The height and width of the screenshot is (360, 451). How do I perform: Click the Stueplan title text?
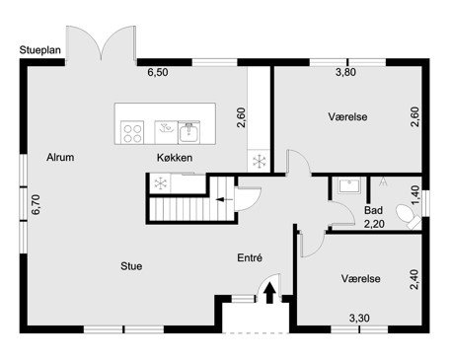pos(40,50)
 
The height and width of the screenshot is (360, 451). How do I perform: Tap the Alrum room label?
pos(60,157)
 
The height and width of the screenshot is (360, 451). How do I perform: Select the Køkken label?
pos(175,158)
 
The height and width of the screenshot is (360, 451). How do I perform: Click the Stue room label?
pos(131,266)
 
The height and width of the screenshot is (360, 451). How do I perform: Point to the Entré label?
pos(250,257)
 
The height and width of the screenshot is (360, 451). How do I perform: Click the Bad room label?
pos(373,210)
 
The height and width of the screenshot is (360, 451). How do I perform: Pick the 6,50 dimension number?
pos(158,72)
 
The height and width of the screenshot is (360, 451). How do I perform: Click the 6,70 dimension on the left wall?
pos(36,205)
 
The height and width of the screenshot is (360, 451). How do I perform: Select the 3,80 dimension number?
pos(345,72)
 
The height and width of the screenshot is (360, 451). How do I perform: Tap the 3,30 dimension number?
pos(359,318)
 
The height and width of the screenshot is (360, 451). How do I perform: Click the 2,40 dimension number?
pos(414,279)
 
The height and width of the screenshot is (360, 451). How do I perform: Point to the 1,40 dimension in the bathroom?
pos(415,195)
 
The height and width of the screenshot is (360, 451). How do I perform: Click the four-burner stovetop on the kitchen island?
pos(132,132)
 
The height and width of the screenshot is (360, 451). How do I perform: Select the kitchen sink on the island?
pos(188,132)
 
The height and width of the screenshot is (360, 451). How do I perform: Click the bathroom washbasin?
pos(349,186)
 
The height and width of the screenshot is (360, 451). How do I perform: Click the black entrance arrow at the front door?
pos(270,293)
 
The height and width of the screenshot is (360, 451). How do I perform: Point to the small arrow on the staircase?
pos(224,199)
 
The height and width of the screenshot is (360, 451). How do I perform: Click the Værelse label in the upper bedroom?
pos(347,116)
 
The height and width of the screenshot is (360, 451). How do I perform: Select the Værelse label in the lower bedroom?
pos(361,279)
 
